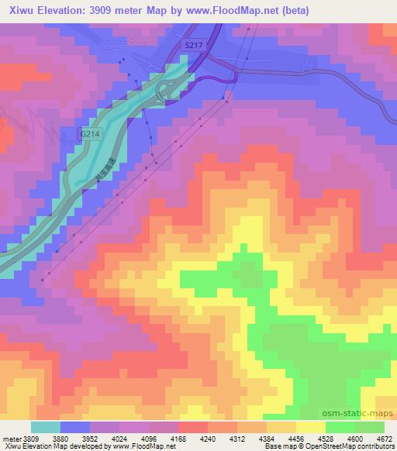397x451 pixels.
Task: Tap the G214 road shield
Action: [x=90, y=134]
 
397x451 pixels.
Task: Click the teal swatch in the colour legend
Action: [x=46, y=427]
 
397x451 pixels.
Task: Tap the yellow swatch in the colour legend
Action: [x=310, y=427]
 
